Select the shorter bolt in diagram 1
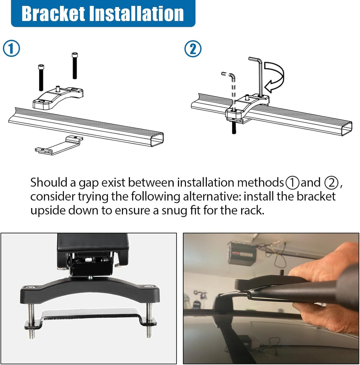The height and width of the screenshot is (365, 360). pos(41,77)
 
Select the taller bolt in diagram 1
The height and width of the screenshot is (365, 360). pos(75,66)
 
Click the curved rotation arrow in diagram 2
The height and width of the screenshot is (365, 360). pos(275,76)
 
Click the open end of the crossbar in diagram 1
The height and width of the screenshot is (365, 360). pos(156,139)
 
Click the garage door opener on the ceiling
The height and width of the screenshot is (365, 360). pos(242,253)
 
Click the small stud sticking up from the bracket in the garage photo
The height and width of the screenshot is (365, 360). pos(281,273)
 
